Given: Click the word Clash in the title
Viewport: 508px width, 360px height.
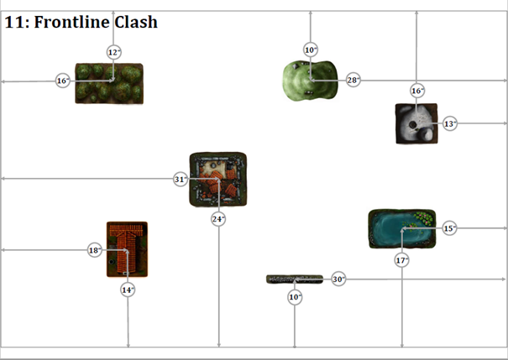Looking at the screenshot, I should (135, 22).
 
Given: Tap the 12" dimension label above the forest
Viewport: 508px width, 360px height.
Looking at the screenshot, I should (114, 52).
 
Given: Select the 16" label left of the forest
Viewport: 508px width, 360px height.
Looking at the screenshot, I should (62, 81).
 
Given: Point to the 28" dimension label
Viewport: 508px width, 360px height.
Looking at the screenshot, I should (353, 80).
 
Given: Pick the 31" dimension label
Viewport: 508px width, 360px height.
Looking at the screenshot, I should (181, 179).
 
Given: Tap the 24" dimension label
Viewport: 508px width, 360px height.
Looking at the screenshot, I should (218, 219).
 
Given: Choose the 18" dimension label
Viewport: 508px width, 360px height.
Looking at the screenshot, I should (95, 250).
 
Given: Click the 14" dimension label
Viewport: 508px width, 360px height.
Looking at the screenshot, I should (128, 290).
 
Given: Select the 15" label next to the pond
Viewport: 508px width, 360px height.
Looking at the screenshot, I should (449, 228).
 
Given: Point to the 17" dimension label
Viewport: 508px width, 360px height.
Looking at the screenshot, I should (402, 261).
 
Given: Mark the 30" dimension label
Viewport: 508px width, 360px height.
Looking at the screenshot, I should (338, 279).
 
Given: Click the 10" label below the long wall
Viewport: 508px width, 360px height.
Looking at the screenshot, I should (295, 297).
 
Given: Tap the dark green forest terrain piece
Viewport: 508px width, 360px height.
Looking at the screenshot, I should (108, 83).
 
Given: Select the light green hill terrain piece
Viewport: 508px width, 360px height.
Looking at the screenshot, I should (310, 81).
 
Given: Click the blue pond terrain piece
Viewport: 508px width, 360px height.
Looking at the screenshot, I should (403, 229).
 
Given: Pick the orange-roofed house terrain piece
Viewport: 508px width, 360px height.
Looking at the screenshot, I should (127, 248).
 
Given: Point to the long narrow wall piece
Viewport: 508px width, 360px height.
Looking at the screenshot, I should (294, 279).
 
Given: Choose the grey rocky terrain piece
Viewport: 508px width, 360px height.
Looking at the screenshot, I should (416, 123).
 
